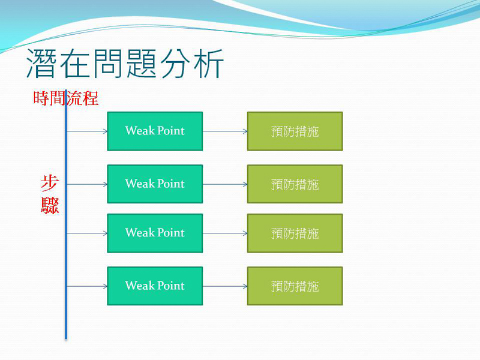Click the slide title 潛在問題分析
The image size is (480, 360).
pos(125,65)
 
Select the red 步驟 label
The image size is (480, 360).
pos(50,194)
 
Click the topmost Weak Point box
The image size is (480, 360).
pos(155,131)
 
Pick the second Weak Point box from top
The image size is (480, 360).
pos(155,184)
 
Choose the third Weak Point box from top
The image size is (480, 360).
pos(155,233)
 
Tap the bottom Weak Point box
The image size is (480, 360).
pos(155,286)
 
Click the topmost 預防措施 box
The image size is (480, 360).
pos(295,131)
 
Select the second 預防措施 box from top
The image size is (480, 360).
pos(295,184)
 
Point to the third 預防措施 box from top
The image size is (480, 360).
pos(295,233)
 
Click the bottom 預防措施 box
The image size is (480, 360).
pos(295,286)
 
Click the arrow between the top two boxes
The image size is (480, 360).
pos(225,131)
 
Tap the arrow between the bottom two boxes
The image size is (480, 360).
pos(225,286)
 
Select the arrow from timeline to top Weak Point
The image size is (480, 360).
pos(87,131)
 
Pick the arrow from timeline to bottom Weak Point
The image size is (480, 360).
pos(87,286)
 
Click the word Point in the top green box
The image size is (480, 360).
pos(170,131)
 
